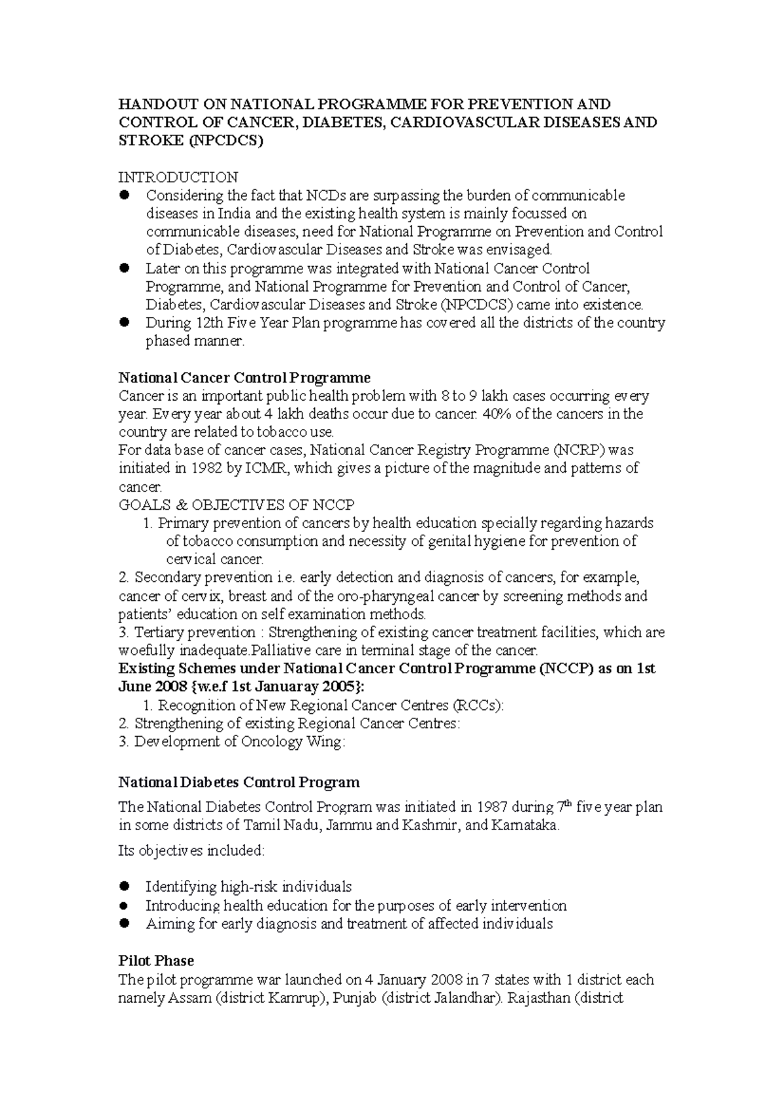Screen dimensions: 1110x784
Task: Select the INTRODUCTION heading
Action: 178,177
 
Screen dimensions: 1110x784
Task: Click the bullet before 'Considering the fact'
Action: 125,195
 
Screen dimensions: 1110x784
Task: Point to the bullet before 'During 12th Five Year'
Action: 125,322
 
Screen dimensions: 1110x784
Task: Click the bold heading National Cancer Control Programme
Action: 244,378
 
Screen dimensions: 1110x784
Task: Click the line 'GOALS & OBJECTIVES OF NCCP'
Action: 236,505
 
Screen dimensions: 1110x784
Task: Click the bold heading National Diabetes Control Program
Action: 238,782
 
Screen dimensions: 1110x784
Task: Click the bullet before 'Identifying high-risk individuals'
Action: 125,886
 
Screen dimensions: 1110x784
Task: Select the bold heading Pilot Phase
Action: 156,961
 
